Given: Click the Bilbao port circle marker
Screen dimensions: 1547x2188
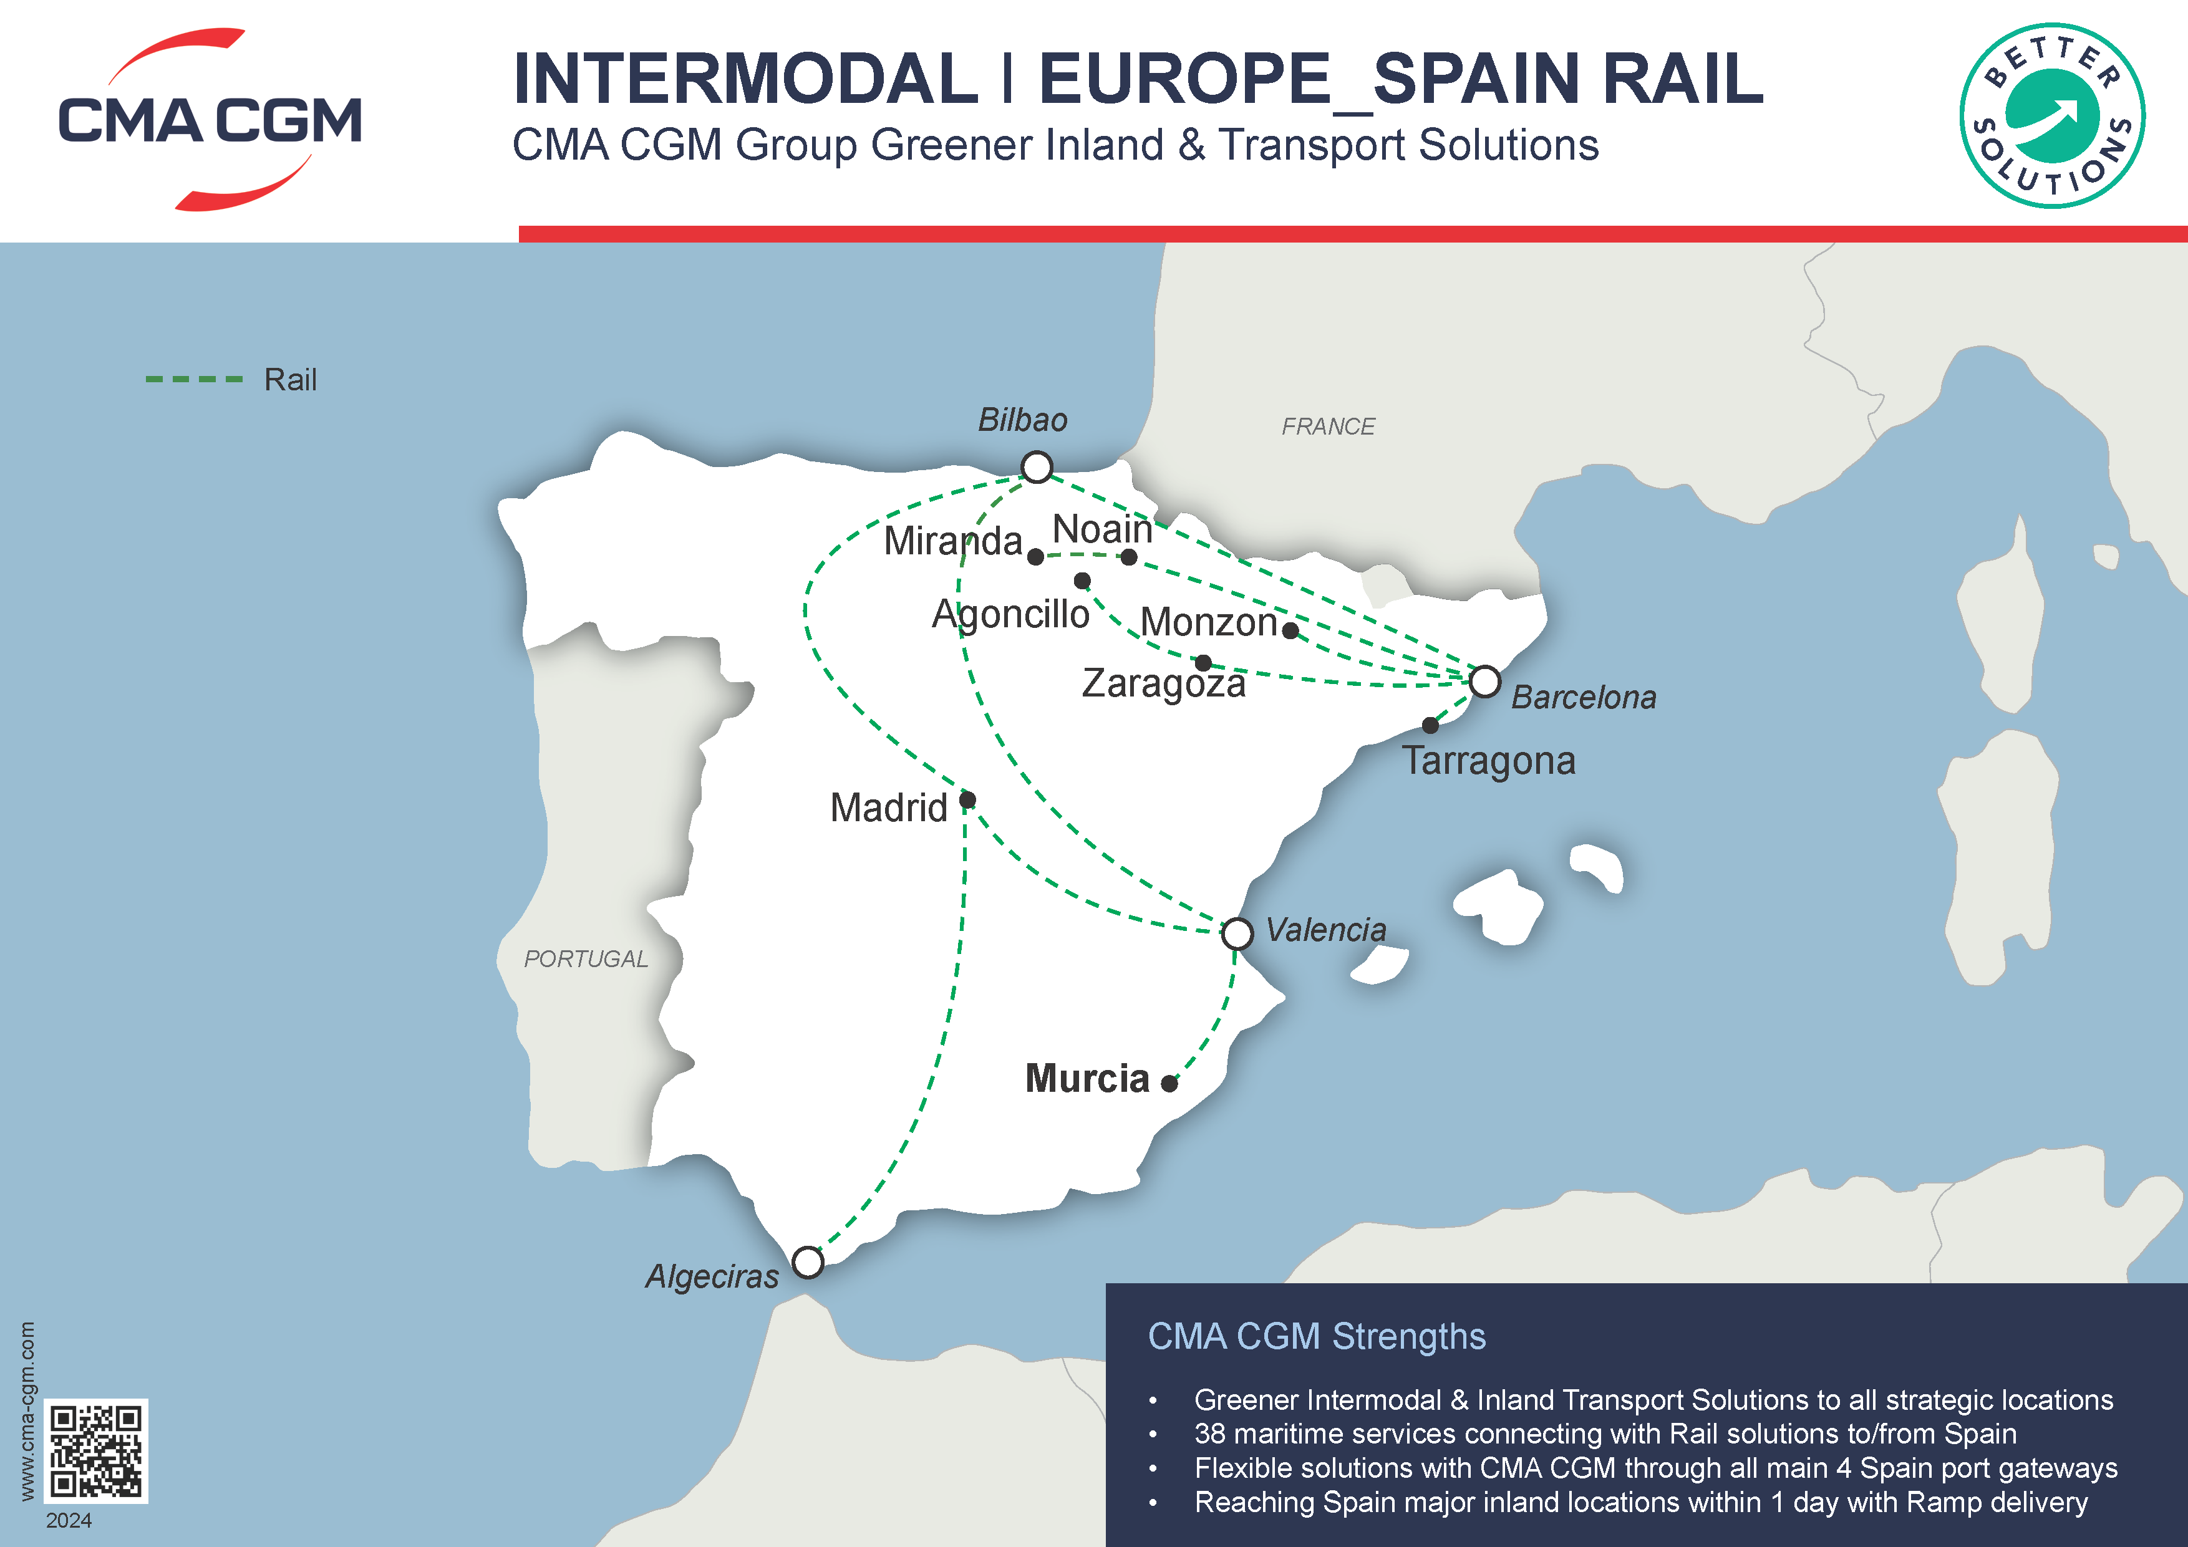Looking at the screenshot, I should click(x=1037, y=467).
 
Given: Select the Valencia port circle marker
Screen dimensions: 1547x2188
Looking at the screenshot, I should click(x=1237, y=933).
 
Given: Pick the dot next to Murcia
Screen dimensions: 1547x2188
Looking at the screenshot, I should click(x=1169, y=1083).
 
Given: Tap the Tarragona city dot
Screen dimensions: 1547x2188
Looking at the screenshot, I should click(x=1430, y=726).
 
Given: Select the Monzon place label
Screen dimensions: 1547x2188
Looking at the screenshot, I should click(x=1208, y=622).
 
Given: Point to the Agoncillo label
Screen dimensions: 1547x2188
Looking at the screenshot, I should click(x=1010, y=614).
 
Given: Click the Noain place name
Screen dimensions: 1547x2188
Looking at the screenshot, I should click(x=1101, y=529).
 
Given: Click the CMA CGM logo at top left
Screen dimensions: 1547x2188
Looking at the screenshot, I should click(x=210, y=120).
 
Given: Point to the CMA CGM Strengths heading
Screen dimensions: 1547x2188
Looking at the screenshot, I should click(x=1316, y=1336).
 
